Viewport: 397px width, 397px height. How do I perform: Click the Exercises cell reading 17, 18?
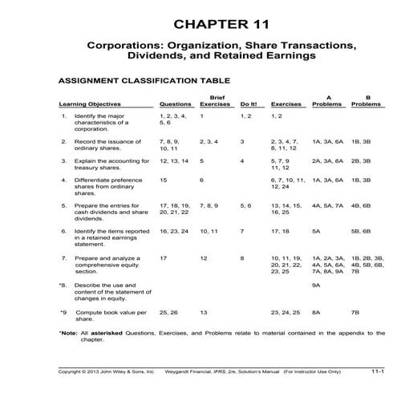click(282, 230)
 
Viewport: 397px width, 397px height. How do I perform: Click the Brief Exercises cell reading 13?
click(204, 310)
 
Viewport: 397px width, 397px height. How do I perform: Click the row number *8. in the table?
click(63, 284)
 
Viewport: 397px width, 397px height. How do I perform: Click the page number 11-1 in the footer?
click(376, 371)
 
